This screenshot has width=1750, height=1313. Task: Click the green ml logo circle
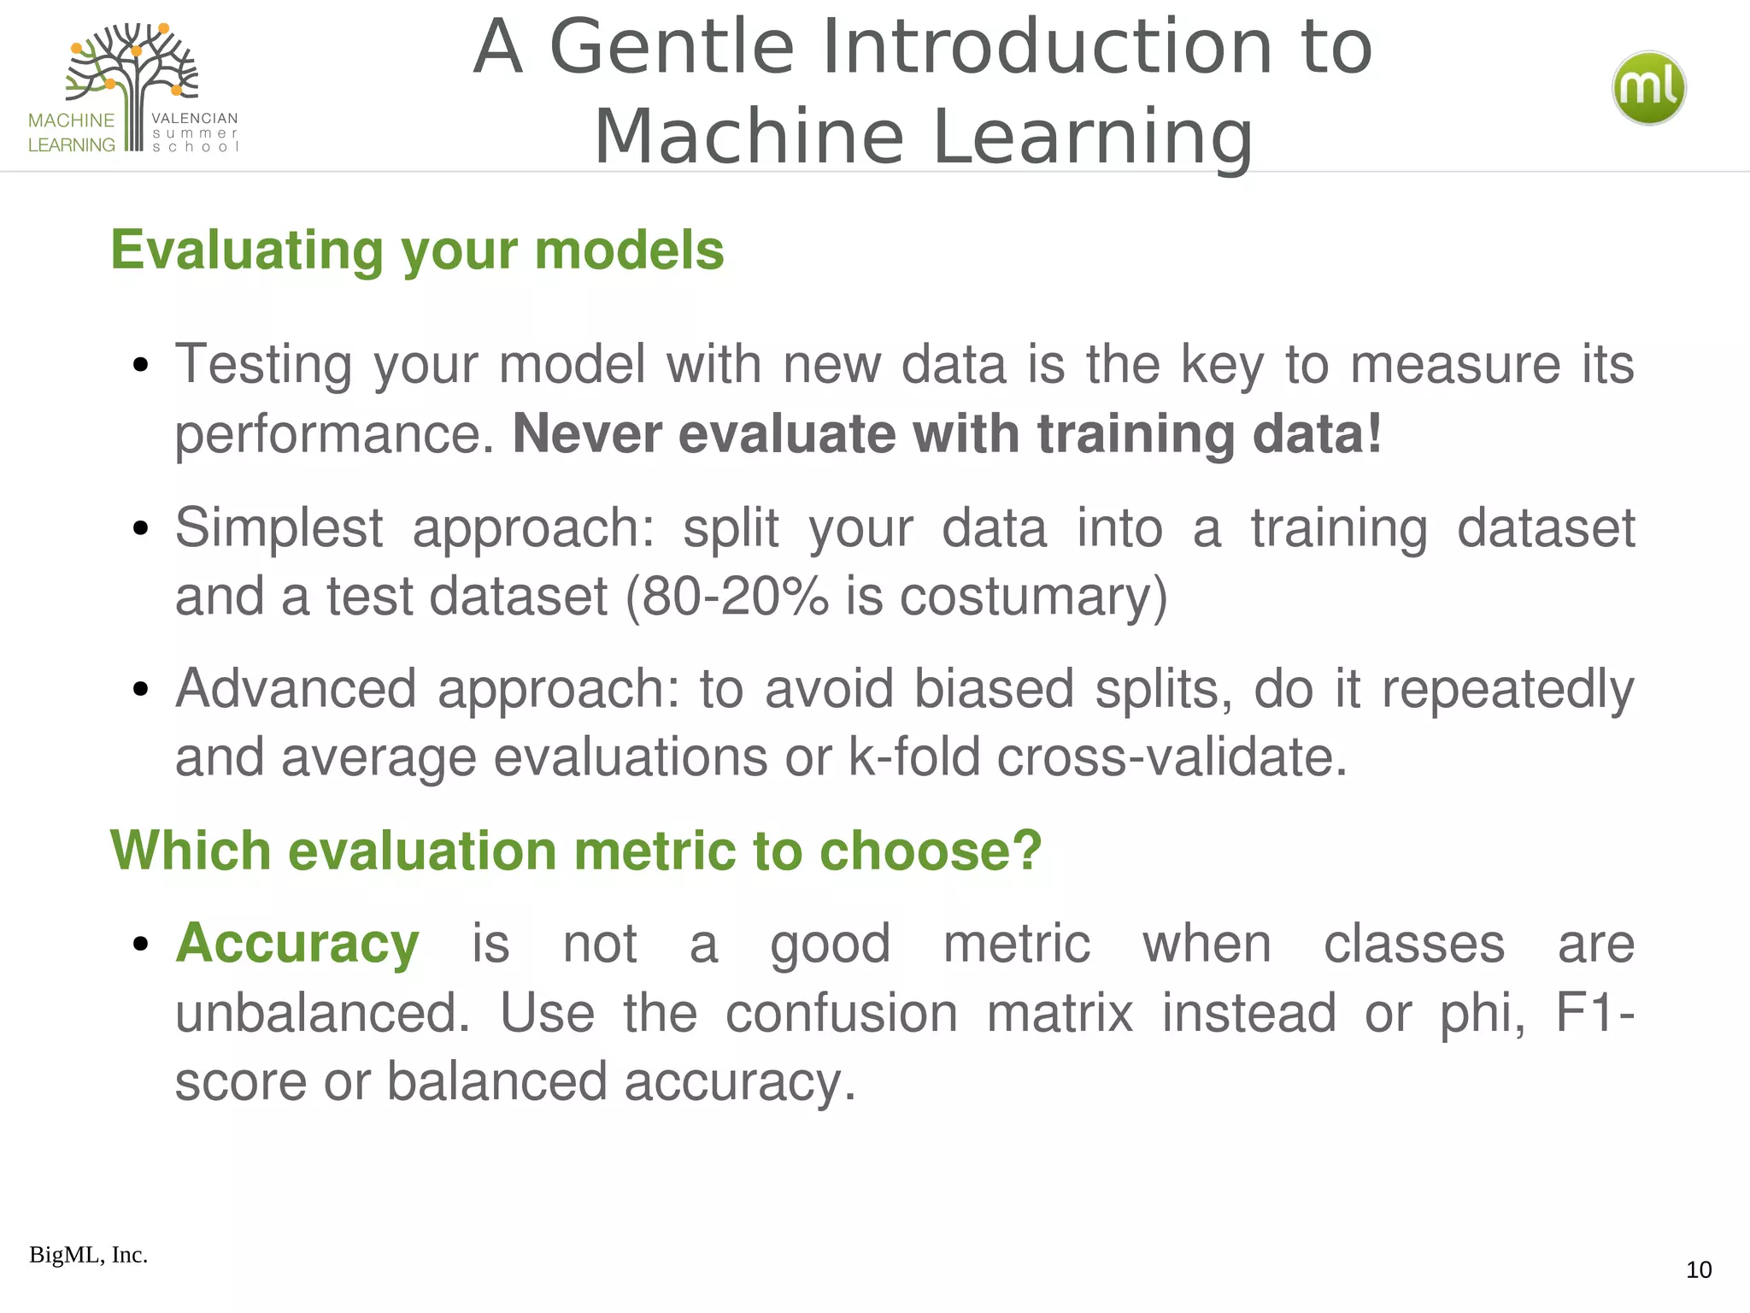(1648, 88)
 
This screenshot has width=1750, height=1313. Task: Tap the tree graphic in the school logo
(133, 77)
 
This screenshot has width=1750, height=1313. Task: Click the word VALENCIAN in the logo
(194, 118)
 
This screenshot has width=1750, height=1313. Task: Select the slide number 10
(1698, 1269)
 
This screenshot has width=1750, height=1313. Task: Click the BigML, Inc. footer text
(88, 1255)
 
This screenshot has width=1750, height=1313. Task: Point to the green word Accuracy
(297, 944)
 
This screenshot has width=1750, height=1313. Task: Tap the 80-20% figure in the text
(735, 596)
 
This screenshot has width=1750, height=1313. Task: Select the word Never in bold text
(586, 433)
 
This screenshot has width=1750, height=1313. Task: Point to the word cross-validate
(1171, 757)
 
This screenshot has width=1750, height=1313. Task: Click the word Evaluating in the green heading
(247, 250)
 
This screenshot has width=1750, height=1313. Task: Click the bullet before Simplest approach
(141, 528)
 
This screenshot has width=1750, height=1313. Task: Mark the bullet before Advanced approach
(141, 689)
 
